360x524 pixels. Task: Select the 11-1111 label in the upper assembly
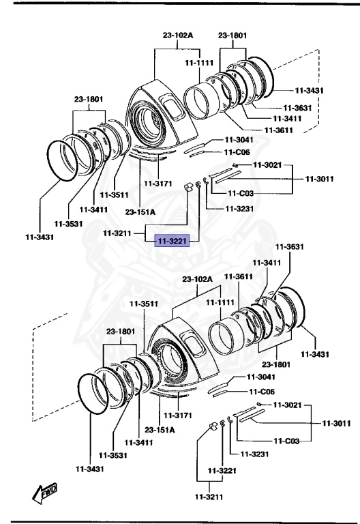coord(198,63)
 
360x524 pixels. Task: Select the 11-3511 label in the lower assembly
coord(146,304)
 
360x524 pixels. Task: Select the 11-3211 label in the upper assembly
coord(118,233)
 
